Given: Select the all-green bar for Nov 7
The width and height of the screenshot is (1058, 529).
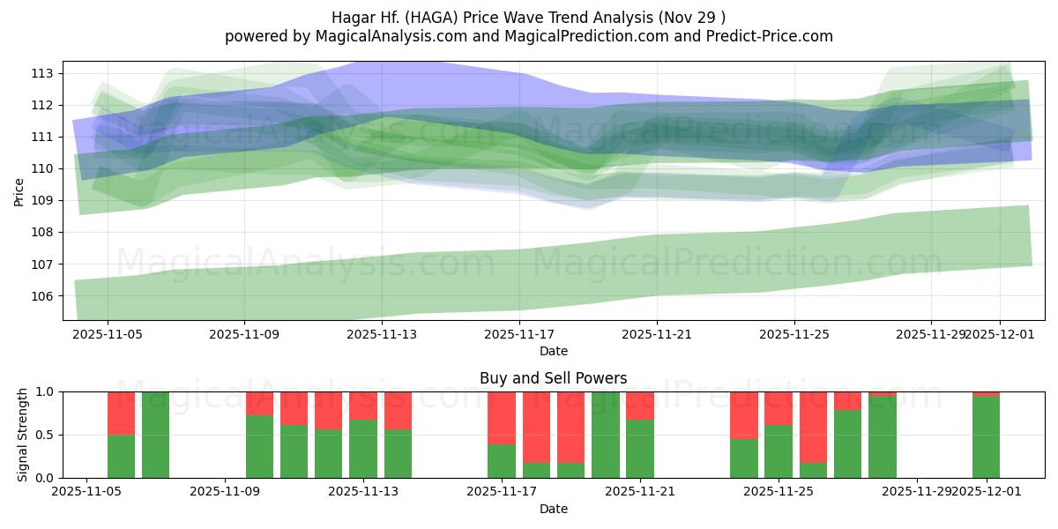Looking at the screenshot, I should tap(155, 435).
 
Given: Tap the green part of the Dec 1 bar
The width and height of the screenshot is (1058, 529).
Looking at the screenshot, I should tap(986, 436).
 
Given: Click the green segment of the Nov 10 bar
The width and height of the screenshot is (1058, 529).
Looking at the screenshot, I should tap(259, 446).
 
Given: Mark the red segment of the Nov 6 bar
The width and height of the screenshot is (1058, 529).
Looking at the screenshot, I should tap(121, 413).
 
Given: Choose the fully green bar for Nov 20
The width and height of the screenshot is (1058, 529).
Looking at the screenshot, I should tap(605, 435).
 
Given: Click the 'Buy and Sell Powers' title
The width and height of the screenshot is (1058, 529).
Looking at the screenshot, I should tap(553, 378).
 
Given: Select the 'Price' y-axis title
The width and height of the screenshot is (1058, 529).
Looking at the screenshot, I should tap(19, 191).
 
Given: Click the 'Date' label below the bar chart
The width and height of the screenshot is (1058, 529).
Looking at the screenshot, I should tap(553, 509).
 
